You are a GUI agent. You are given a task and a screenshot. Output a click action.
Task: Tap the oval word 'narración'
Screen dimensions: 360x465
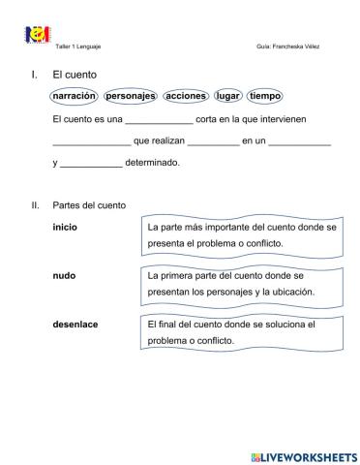click(x=75, y=97)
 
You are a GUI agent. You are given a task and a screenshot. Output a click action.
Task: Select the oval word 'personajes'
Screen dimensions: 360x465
click(x=131, y=97)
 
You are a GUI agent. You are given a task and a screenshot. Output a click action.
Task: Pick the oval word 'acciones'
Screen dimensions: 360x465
click(x=186, y=97)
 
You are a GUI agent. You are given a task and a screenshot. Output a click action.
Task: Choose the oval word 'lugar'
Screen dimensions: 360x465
click(x=228, y=97)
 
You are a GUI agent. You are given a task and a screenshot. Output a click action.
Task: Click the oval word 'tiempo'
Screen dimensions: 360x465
click(x=264, y=97)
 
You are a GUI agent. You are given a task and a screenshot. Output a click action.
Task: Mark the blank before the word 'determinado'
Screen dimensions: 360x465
click(x=91, y=164)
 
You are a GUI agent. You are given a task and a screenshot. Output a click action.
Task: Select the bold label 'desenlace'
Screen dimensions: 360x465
click(x=75, y=324)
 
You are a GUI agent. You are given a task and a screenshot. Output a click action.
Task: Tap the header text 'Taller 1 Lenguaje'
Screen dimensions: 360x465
click(x=79, y=46)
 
